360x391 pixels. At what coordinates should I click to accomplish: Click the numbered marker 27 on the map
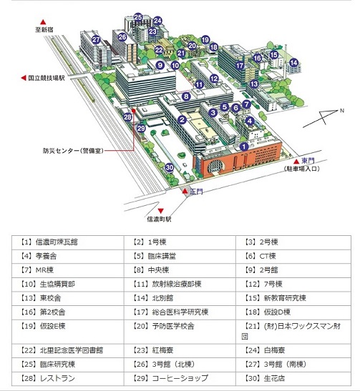tap(96, 39)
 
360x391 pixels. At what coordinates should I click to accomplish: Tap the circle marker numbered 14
tap(294, 62)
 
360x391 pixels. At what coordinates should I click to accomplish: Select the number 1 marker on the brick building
tap(244, 147)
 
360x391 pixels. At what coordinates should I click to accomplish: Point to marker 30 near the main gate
tap(170, 167)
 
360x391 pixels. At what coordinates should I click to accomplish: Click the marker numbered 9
tap(160, 65)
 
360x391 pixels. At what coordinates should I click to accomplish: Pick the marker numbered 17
tap(240, 66)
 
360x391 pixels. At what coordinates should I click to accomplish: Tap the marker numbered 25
tap(138, 17)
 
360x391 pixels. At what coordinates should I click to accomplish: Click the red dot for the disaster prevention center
tap(133, 111)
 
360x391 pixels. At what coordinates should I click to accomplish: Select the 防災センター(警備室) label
tap(73, 151)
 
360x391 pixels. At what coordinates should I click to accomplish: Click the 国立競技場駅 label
tap(47, 78)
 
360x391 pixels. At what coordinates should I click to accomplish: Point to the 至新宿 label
tap(44, 30)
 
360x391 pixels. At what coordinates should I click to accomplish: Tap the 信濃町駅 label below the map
tap(159, 219)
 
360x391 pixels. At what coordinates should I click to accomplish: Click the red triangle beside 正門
tap(185, 192)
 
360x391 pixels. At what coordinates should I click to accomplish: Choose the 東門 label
tap(308, 161)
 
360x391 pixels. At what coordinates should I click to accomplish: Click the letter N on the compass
tap(342, 111)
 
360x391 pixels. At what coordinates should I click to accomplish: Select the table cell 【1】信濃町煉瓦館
tap(68, 242)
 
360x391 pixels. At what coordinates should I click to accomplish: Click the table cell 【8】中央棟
tap(180, 271)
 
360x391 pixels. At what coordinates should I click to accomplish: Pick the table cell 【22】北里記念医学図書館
tap(68, 351)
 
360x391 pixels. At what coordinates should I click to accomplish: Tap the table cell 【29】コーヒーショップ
tap(180, 379)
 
